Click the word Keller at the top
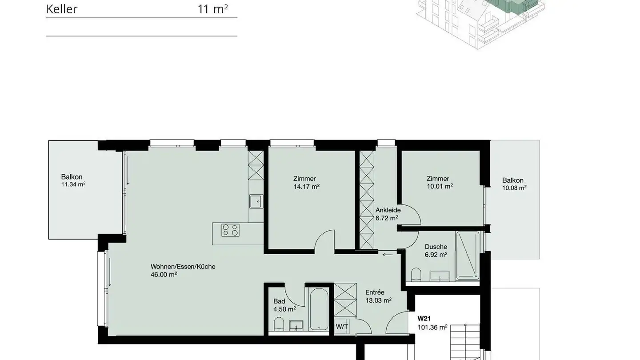tap(62, 9)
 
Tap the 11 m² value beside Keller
tap(213, 9)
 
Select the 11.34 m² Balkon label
tap(73, 184)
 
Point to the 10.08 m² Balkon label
tap(514, 188)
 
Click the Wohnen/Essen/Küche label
tap(183, 267)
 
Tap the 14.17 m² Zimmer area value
tap(306, 187)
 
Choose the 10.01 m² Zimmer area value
tap(440, 187)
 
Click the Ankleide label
tap(388, 210)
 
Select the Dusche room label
tap(436, 247)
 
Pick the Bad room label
tap(279, 301)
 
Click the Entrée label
tap(375, 292)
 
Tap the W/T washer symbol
tap(342, 327)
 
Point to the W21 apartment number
tap(424, 319)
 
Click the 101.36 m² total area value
tap(432, 328)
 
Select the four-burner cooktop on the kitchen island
tap(231, 230)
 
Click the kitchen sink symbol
tap(256, 201)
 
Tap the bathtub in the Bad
tap(319, 309)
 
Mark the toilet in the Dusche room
tap(416, 274)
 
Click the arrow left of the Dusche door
tap(387, 255)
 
